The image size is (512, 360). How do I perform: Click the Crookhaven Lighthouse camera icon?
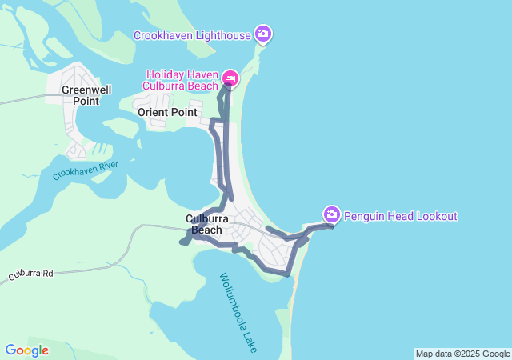263,34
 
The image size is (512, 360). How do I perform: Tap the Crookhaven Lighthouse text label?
192,35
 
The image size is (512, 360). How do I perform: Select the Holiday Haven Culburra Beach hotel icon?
230,78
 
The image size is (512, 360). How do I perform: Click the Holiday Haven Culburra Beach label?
180,80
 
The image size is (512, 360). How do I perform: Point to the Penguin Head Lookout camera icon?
331,214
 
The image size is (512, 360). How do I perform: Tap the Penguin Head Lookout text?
401,216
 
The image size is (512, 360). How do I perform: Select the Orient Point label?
167,113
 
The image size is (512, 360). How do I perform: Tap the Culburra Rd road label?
30,274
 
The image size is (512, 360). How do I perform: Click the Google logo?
26,350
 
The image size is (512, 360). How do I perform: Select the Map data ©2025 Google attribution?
462,354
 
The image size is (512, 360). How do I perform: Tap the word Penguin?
364,216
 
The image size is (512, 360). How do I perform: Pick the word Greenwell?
86,90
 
